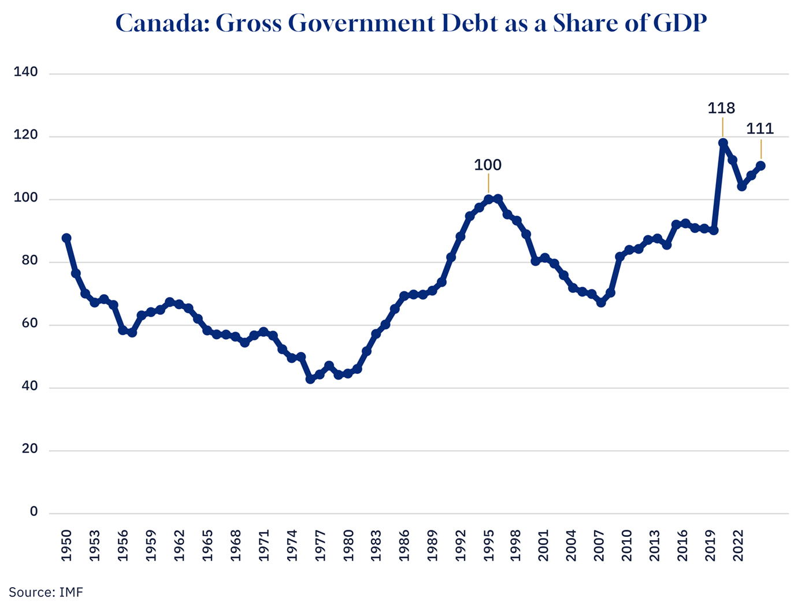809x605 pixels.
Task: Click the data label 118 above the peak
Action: [721, 108]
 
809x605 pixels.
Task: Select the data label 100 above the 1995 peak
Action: [488, 165]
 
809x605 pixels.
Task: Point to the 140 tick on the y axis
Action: [26, 72]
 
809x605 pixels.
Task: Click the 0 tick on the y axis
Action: [34, 512]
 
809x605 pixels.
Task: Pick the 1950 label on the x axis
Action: [66, 545]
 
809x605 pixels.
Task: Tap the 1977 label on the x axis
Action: [320, 545]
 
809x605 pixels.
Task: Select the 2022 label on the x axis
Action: [738, 545]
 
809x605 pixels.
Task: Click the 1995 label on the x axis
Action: [488, 545]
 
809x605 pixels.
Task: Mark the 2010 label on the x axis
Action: [626, 545]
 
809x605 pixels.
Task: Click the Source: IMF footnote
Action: [46, 592]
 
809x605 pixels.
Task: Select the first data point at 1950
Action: [66, 238]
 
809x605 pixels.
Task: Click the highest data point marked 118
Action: [723, 143]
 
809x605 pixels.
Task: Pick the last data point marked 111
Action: [760, 166]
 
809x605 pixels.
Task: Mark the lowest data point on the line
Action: [310, 379]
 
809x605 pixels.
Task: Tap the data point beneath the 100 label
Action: [488, 199]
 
